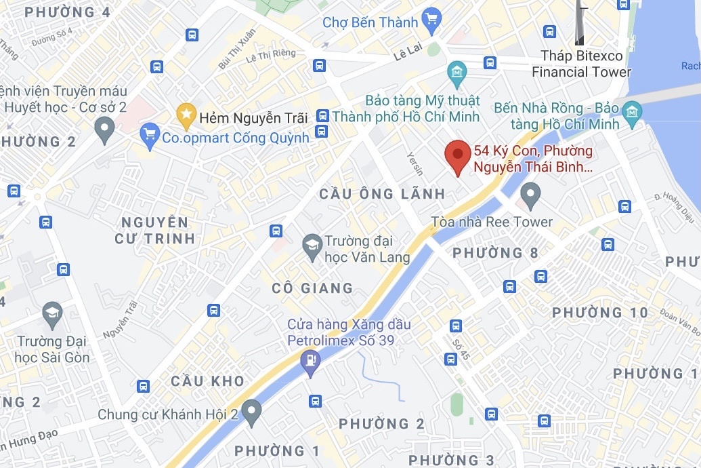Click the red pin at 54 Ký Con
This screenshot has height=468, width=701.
458,156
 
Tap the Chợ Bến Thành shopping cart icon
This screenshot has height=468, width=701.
431,21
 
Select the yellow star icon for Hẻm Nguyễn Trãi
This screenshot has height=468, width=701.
186,117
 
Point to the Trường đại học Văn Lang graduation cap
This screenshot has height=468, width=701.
312,248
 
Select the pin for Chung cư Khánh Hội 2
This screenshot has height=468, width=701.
252,412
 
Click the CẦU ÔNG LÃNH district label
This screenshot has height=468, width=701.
382,194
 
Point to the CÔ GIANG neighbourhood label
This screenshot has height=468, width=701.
312,288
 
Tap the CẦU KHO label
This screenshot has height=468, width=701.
207,381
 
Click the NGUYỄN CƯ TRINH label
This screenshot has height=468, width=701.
155,230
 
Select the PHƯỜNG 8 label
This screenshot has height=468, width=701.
496,253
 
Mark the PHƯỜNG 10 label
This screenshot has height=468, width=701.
600,313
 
